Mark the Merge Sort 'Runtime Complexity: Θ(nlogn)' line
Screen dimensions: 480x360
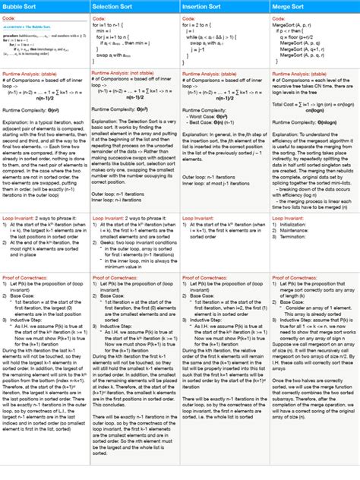pyautogui.click(x=305, y=121)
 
